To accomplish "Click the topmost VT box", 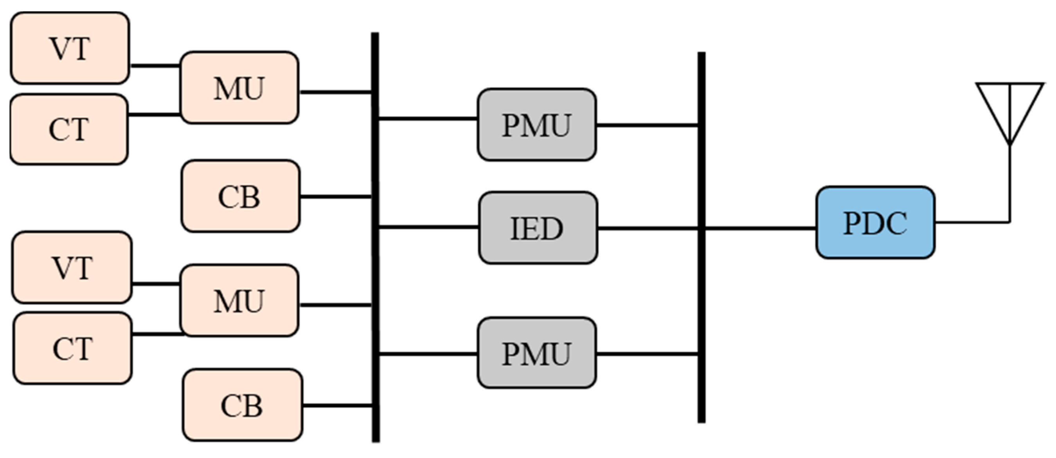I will [70, 48].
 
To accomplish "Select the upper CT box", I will [69, 129].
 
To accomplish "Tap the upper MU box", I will [239, 88].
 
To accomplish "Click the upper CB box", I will [240, 196].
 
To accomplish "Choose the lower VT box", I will [72, 268].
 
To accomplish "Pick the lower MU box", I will [239, 300].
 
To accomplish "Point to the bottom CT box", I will [72, 348].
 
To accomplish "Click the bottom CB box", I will [242, 405].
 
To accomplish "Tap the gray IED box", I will [538, 228].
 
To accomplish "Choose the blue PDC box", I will [875, 223].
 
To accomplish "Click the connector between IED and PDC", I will [758, 228].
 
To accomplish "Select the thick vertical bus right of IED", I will [702, 287].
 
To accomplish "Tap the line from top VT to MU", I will [155, 66].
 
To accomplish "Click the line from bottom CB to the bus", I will [337, 406].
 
